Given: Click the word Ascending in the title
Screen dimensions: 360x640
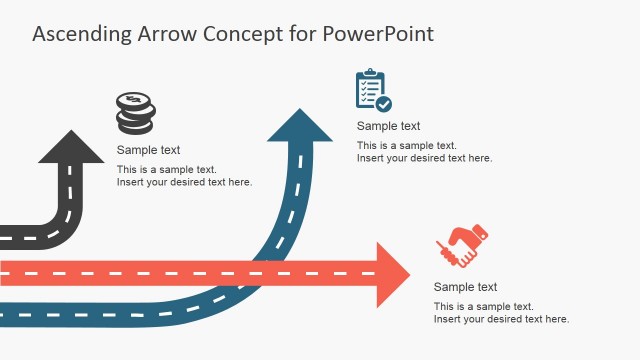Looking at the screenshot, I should coord(81,34).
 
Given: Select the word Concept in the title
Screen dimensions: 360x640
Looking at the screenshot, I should coord(239,34).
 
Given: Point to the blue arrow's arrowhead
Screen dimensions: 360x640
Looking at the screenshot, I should coord(299,125).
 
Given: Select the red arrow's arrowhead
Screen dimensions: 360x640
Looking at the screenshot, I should coord(391,273).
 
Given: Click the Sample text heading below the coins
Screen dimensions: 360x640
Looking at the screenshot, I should coord(148,151).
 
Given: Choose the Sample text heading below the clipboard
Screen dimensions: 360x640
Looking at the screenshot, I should coord(388,126).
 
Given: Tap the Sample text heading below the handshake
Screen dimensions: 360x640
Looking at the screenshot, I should coord(465,287).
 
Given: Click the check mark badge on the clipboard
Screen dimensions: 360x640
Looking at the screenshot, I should coord(384,103).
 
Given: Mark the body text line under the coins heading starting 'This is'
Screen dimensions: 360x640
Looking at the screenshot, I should coord(166,169).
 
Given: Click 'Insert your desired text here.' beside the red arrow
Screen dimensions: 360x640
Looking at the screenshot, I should coord(501,319).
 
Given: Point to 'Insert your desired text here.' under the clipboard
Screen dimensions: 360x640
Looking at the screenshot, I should coord(424,158).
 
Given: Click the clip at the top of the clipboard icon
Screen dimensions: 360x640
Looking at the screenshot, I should coord(370,73).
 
